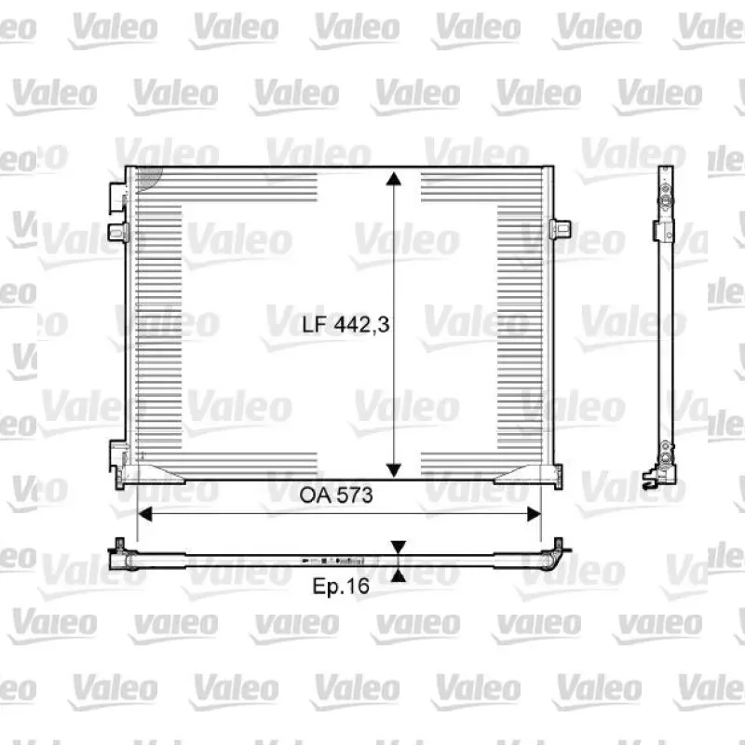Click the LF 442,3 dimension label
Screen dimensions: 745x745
tap(345, 324)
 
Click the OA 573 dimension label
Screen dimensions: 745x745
tap(336, 495)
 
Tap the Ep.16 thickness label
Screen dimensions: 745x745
tap(341, 586)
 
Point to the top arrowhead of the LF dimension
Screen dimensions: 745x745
tap(393, 179)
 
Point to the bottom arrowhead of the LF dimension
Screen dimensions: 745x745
tap(393, 470)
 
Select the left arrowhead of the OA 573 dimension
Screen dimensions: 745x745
tap(144, 514)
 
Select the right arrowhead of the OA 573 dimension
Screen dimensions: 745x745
tap(534, 514)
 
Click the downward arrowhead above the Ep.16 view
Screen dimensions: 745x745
tap(399, 548)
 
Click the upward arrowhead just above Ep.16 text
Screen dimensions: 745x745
tap(399, 576)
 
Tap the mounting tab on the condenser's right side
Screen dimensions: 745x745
tap(561, 229)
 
